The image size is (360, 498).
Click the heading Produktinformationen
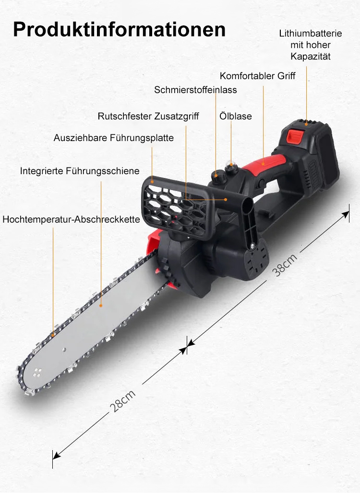[119, 29]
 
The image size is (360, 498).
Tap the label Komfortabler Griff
[257, 76]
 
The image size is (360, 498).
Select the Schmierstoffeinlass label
[195, 90]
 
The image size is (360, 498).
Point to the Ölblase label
[236, 116]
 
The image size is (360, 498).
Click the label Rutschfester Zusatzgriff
[148, 116]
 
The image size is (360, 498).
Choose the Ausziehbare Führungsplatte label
[113, 138]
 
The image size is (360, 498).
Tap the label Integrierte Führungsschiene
[80, 171]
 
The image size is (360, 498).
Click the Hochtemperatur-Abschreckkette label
[71, 219]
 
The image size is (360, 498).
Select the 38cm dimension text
[284, 265]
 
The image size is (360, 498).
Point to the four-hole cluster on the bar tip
[37, 373]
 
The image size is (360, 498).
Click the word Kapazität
[311, 57]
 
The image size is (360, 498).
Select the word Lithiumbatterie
[311, 34]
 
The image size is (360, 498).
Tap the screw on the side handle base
[252, 245]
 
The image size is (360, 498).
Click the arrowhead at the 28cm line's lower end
[56, 455]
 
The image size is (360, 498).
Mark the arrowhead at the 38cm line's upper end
[346, 215]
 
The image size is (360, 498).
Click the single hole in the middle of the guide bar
[64, 349]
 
